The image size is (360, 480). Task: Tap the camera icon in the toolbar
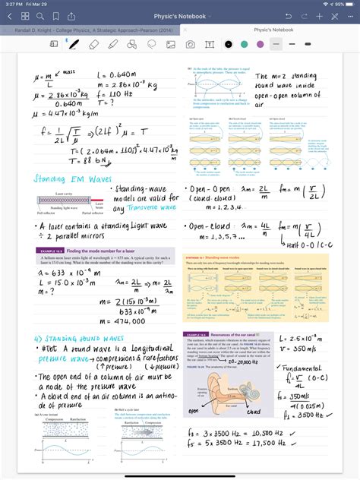click(x=191, y=45)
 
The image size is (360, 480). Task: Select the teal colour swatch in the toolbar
click(x=244, y=45)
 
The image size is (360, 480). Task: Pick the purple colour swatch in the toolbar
click(x=260, y=45)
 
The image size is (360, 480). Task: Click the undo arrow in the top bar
click(x=289, y=16)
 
